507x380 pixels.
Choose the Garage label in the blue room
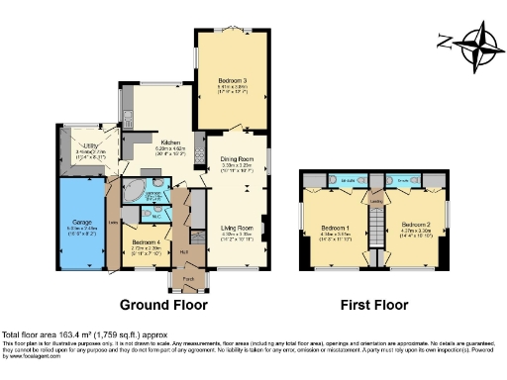pyautogui.click(x=82, y=224)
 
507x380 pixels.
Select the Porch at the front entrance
pyautogui.click(x=188, y=281)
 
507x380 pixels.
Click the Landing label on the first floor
pyautogui.click(x=375, y=199)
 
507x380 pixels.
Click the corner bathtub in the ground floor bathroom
pyautogui.click(x=134, y=191)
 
